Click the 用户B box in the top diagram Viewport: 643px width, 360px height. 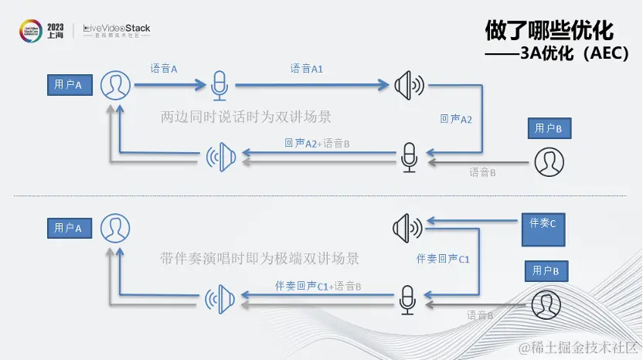click(548, 128)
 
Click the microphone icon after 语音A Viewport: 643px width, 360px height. click(220, 85)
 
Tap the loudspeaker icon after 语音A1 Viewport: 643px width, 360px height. click(408, 85)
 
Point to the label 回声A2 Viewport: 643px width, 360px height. click(455, 119)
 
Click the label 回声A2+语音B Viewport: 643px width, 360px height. click(318, 143)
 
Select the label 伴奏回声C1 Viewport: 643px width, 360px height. click(443, 259)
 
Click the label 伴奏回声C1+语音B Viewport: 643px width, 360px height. click(318, 286)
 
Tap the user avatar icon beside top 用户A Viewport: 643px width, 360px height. click(115, 85)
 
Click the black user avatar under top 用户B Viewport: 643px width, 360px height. click(549, 161)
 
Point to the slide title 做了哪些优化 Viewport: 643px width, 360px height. click(549, 30)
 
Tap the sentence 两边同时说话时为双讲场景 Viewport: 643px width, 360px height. click(246, 117)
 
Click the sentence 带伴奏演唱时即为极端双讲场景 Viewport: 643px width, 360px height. click(260, 257)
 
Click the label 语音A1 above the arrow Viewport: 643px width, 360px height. click(307, 69)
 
